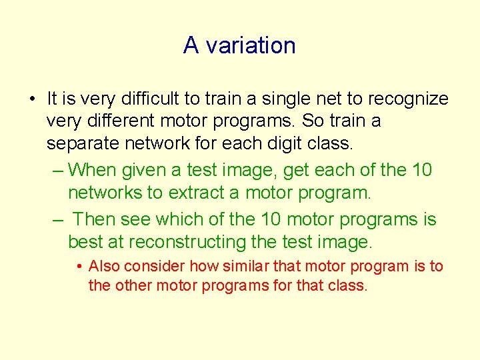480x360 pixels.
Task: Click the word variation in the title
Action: (x=251, y=45)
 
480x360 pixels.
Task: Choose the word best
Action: (x=83, y=241)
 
